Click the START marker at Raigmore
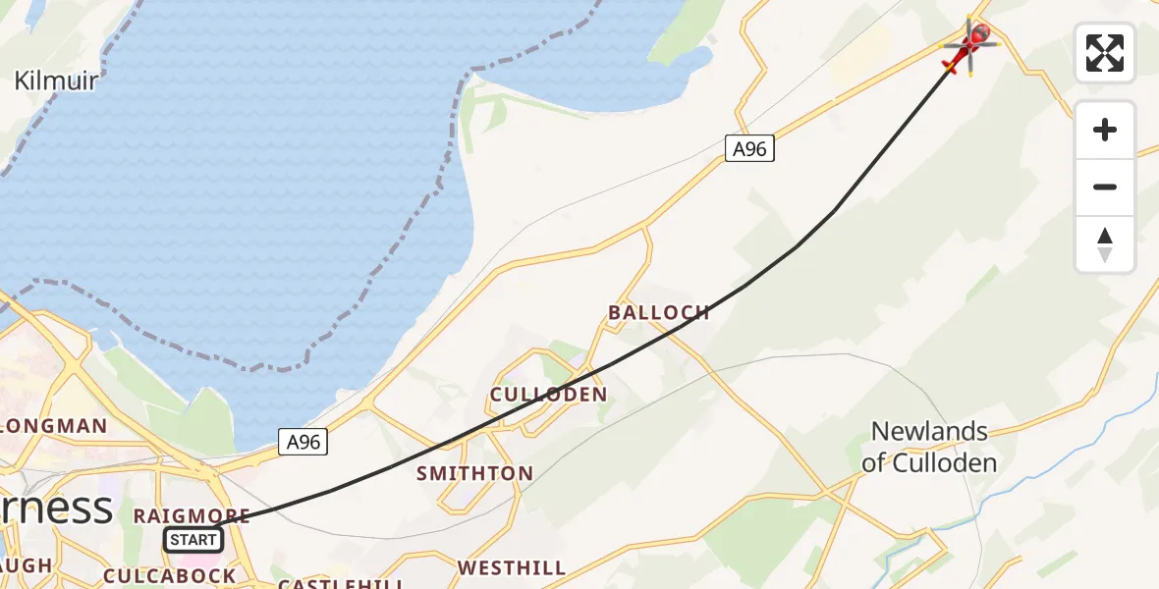tap(193, 539)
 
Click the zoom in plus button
tap(1105, 130)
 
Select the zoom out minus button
tap(1105, 187)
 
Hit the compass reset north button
tap(1105, 244)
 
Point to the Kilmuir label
tap(56, 80)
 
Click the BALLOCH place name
tap(658, 313)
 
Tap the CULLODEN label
tap(548, 395)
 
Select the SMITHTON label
tap(474, 473)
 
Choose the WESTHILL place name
tap(511, 567)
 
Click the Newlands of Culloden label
tap(929, 447)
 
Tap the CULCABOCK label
tap(169, 576)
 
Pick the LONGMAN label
tap(54, 426)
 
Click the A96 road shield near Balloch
tap(749, 149)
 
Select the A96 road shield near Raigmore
tap(303, 443)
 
